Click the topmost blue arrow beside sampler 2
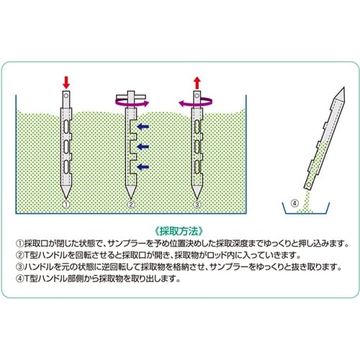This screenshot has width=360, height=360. [x=143, y=127]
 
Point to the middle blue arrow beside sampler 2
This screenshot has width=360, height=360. [x=143, y=146]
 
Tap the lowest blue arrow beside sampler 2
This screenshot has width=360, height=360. [x=143, y=166]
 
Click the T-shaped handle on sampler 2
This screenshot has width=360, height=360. [x=130, y=98]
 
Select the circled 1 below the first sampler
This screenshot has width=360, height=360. [x=66, y=204]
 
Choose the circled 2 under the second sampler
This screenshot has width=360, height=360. [x=131, y=204]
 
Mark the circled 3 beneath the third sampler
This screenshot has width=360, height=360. [x=196, y=204]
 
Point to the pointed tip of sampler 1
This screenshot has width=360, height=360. [x=66, y=194]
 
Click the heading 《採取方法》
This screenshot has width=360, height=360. [x=180, y=225]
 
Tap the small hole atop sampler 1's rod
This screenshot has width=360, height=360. [x=66, y=94]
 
